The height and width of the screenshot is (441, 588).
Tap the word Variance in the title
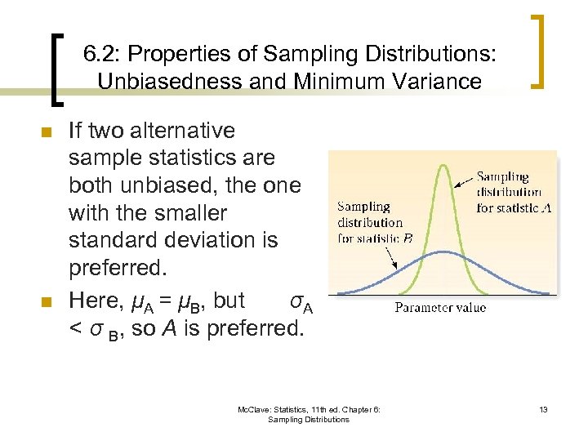[x=441, y=81]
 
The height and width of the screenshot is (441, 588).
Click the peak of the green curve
[x=442, y=166]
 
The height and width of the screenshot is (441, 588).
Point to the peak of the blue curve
[x=442, y=252]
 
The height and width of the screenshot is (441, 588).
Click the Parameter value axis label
[x=440, y=308]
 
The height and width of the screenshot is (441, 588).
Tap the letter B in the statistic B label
[x=408, y=238]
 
